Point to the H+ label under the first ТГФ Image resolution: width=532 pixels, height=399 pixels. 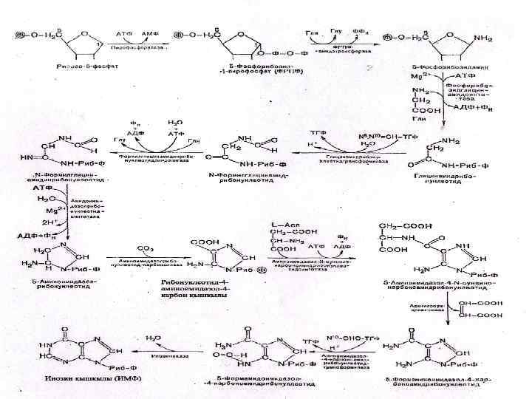[310, 145]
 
